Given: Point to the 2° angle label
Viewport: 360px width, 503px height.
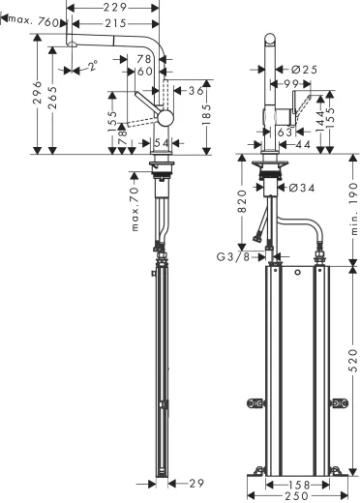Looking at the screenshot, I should tap(93, 67).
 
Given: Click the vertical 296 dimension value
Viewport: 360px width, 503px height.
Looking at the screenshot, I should tap(37, 93).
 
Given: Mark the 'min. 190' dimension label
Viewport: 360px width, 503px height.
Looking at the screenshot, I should tap(353, 209).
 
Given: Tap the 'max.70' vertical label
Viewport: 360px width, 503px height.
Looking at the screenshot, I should tap(136, 215).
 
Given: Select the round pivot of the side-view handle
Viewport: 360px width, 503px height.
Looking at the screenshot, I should tap(167, 118).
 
